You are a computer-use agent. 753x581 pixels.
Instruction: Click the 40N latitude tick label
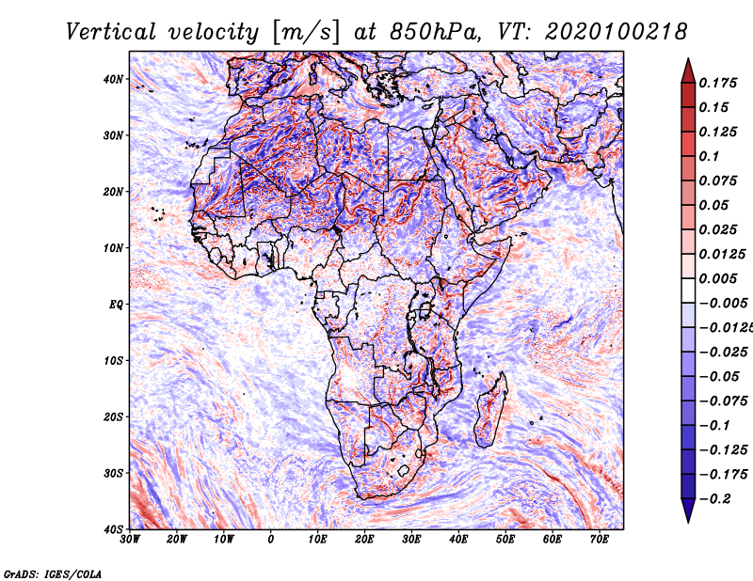(113, 79)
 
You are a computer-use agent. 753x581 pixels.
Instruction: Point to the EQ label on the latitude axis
(116, 305)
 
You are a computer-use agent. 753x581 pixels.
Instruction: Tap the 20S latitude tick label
(113, 416)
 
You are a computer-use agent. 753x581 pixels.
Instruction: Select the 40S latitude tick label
(113, 529)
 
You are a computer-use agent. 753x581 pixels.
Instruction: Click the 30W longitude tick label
(130, 540)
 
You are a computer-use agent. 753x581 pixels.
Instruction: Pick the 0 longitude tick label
(271, 540)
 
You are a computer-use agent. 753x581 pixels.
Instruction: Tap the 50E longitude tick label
(505, 540)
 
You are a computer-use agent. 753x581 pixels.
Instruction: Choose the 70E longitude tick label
(600, 540)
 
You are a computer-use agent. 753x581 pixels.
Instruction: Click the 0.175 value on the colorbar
(718, 84)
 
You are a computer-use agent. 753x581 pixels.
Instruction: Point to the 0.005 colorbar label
(718, 278)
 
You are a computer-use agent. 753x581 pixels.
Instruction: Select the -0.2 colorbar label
(714, 499)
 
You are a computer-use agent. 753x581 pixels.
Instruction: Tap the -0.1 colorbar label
(714, 426)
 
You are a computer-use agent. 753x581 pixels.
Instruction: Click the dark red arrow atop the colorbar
(688, 71)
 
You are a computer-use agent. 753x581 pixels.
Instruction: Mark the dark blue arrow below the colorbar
(688, 510)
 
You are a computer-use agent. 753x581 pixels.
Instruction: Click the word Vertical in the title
(111, 32)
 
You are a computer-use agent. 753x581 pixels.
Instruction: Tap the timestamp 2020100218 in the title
(617, 32)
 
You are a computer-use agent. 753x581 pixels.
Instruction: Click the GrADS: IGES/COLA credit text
(53, 574)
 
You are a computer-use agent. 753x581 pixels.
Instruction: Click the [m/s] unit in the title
(306, 32)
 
